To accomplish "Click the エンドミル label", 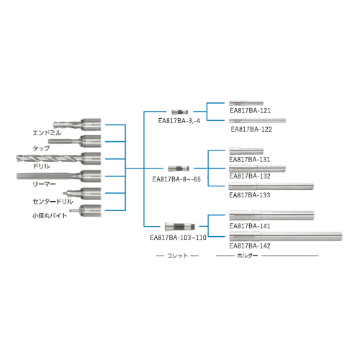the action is tap(47, 132).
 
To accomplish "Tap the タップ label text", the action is tap(41, 148).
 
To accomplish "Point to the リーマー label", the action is tap(44, 184).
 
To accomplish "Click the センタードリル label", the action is tap(53, 202).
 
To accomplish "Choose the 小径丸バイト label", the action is tap(50, 215).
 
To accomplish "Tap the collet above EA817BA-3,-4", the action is tap(180, 112).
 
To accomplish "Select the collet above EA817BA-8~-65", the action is tap(179, 168).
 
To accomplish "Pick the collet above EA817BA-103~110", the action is tap(180, 227).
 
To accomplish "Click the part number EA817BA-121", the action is tap(250, 111).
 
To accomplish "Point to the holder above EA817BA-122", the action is tap(257, 120).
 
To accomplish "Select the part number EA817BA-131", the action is tap(250, 160).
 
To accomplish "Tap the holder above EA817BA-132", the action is tap(257, 168).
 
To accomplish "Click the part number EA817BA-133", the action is tap(250, 195).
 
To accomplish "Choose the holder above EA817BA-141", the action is tap(271, 215).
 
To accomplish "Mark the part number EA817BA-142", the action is tap(250, 246).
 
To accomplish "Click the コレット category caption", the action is tap(177, 256).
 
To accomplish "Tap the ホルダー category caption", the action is tap(247, 256).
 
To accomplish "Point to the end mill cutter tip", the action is tap(54, 125).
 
